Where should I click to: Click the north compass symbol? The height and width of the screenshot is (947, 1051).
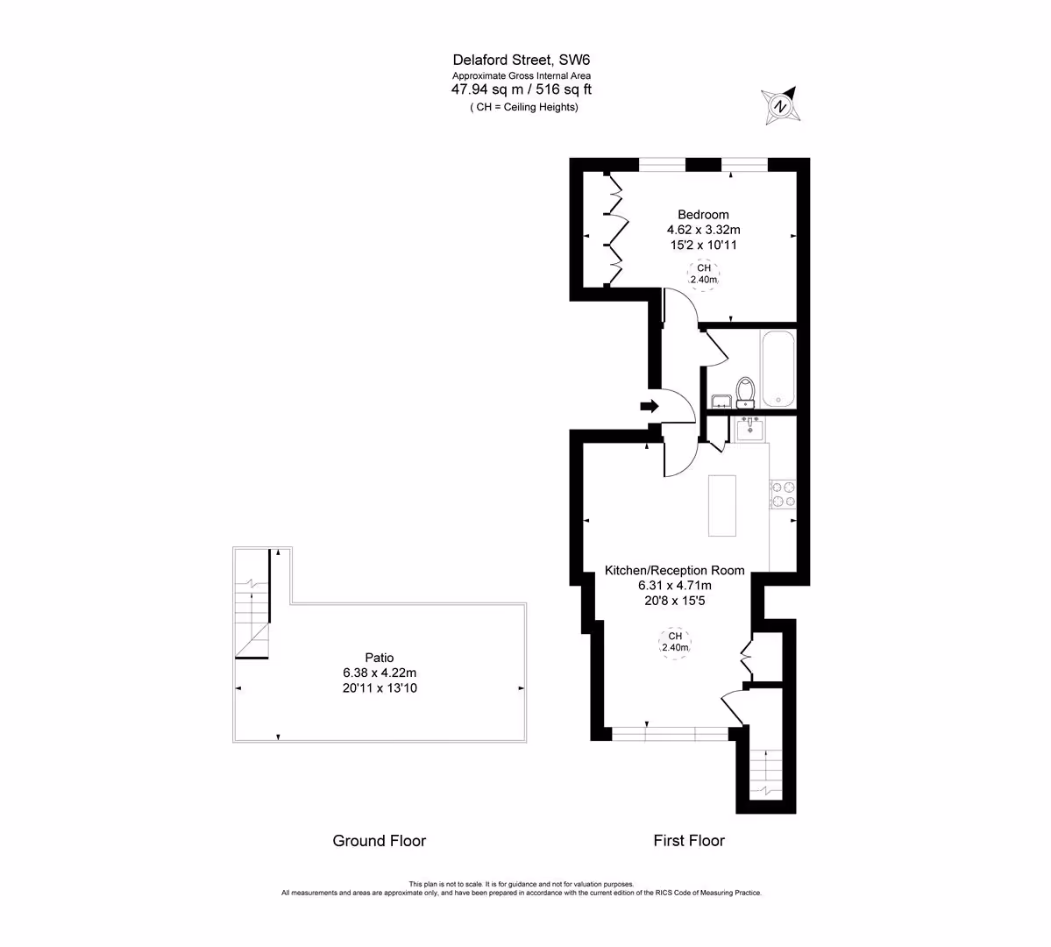[x=781, y=105]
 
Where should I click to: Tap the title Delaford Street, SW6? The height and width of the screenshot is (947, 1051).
[x=522, y=61]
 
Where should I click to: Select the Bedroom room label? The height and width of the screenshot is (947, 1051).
[x=703, y=215]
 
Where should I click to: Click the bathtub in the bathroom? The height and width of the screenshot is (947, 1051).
[x=778, y=368]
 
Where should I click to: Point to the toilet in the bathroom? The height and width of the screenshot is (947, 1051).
[x=745, y=392]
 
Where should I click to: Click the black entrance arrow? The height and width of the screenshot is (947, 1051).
[x=650, y=406]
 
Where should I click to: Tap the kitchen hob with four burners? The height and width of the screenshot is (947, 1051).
[x=783, y=495]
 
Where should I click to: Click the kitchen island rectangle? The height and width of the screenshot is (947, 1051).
[x=722, y=506]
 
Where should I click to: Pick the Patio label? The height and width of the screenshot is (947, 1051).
[x=380, y=658]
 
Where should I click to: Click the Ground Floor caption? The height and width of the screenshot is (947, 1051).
[x=380, y=841]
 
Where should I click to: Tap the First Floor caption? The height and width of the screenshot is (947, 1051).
[x=689, y=841]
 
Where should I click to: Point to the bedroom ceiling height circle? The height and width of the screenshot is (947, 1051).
[x=704, y=274]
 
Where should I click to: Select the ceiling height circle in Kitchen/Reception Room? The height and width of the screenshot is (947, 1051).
[x=675, y=642]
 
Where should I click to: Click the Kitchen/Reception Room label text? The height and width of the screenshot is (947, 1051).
[x=674, y=571]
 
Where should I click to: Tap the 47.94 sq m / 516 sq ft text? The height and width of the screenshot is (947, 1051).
[x=522, y=89]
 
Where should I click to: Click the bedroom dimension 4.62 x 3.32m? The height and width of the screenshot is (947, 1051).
[x=703, y=230]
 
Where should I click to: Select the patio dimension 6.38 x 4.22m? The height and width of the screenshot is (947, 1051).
[x=380, y=673]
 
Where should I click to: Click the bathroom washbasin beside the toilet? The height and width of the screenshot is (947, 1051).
[x=721, y=401]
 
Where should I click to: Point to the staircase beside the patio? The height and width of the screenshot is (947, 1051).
[x=252, y=603]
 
